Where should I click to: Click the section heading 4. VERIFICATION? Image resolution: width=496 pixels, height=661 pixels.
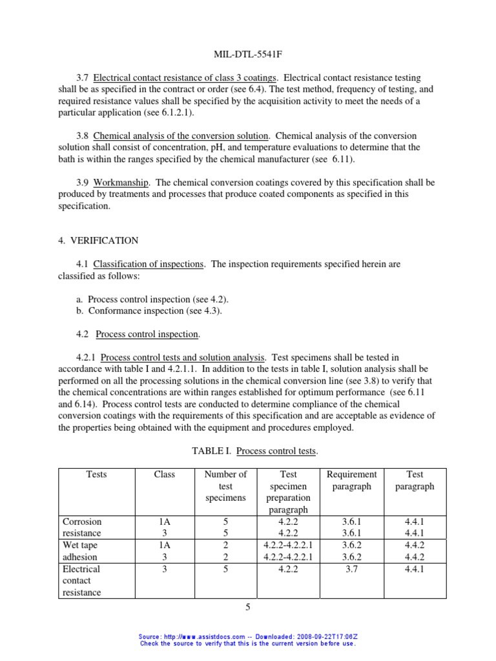pos(98,240)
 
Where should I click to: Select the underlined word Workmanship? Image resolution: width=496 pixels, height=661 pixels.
pos(121,183)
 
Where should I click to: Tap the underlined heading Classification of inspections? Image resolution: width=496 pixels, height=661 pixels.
pos(149,264)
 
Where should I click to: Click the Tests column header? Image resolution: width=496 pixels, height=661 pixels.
pos(96,474)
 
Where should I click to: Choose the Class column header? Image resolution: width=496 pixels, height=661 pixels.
pos(165,474)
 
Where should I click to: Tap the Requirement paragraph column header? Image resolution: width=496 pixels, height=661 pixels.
pos(352,480)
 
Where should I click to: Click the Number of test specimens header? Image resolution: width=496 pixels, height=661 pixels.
pos(225,486)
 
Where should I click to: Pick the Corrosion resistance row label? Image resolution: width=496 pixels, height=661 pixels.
pos(82,527)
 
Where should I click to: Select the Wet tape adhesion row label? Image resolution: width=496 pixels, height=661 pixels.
pos(80,551)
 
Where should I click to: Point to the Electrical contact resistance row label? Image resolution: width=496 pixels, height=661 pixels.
pos(81,580)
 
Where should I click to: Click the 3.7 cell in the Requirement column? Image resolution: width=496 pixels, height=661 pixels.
pos(352,569)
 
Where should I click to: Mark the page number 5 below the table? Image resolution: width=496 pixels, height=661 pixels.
pos(248,607)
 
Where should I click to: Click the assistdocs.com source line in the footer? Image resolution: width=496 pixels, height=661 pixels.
pos(248,636)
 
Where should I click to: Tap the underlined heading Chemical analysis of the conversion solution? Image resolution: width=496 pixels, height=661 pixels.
pos(181,136)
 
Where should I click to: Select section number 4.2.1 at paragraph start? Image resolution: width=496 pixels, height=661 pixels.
pos(87,357)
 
